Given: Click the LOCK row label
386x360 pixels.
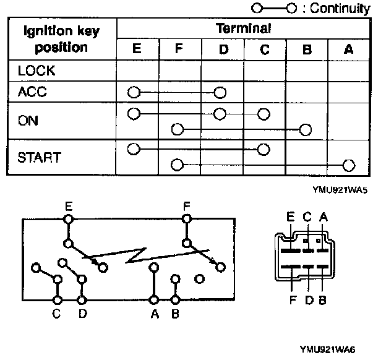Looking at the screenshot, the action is tap(36, 71).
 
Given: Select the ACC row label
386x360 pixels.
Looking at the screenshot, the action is tap(33, 92).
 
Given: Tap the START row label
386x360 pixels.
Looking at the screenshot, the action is tap(39, 157).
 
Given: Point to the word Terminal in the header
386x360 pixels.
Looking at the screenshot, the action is tap(243, 28).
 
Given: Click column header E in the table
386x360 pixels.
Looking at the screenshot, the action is tap(137, 49).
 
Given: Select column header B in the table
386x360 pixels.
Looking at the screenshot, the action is tap(306, 49).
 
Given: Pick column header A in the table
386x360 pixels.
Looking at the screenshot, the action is tap(348, 49).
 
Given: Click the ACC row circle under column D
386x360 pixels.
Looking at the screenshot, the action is tap(220, 93).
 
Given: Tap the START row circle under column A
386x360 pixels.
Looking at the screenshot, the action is tap(349, 165).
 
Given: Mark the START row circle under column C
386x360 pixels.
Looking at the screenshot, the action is tap(264, 149).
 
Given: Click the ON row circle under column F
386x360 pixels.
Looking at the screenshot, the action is tap(178, 129).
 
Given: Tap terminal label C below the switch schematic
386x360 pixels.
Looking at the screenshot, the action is tap(56, 314).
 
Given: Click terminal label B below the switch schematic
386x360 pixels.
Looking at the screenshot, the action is tap(176, 314).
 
